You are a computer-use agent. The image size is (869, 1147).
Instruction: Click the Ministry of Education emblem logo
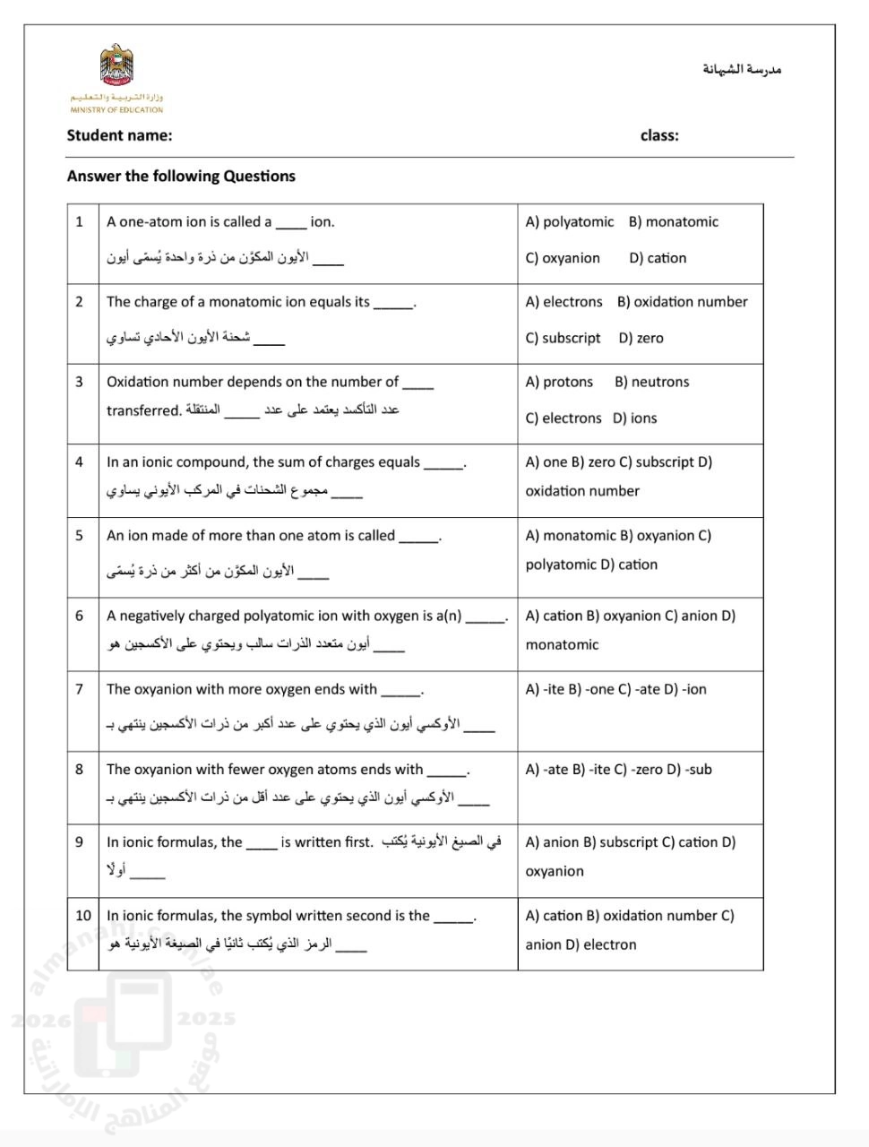click(116, 67)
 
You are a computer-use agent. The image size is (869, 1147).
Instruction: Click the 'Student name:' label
click(119, 135)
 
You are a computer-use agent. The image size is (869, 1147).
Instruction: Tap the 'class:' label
click(659, 135)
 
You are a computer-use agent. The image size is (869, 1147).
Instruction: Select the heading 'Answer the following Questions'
click(181, 176)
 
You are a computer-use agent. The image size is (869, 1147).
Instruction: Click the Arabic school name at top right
click(742, 69)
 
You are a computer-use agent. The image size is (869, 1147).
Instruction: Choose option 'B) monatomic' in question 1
click(673, 221)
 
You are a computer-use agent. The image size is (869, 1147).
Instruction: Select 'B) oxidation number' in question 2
click(682, 302)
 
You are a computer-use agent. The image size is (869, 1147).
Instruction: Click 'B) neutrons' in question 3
click(651, 382)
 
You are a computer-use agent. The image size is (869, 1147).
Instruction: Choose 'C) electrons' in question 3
click(564, 418)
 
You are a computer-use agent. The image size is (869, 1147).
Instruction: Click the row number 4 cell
click(80, 462)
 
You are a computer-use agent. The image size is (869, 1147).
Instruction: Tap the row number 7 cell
click(80, 689)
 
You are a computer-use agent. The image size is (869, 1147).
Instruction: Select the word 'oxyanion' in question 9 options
click(555, 871)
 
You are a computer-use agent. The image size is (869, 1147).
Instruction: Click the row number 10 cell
click(83, 916)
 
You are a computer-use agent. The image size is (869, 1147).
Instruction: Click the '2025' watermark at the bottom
click(207, 1019)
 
